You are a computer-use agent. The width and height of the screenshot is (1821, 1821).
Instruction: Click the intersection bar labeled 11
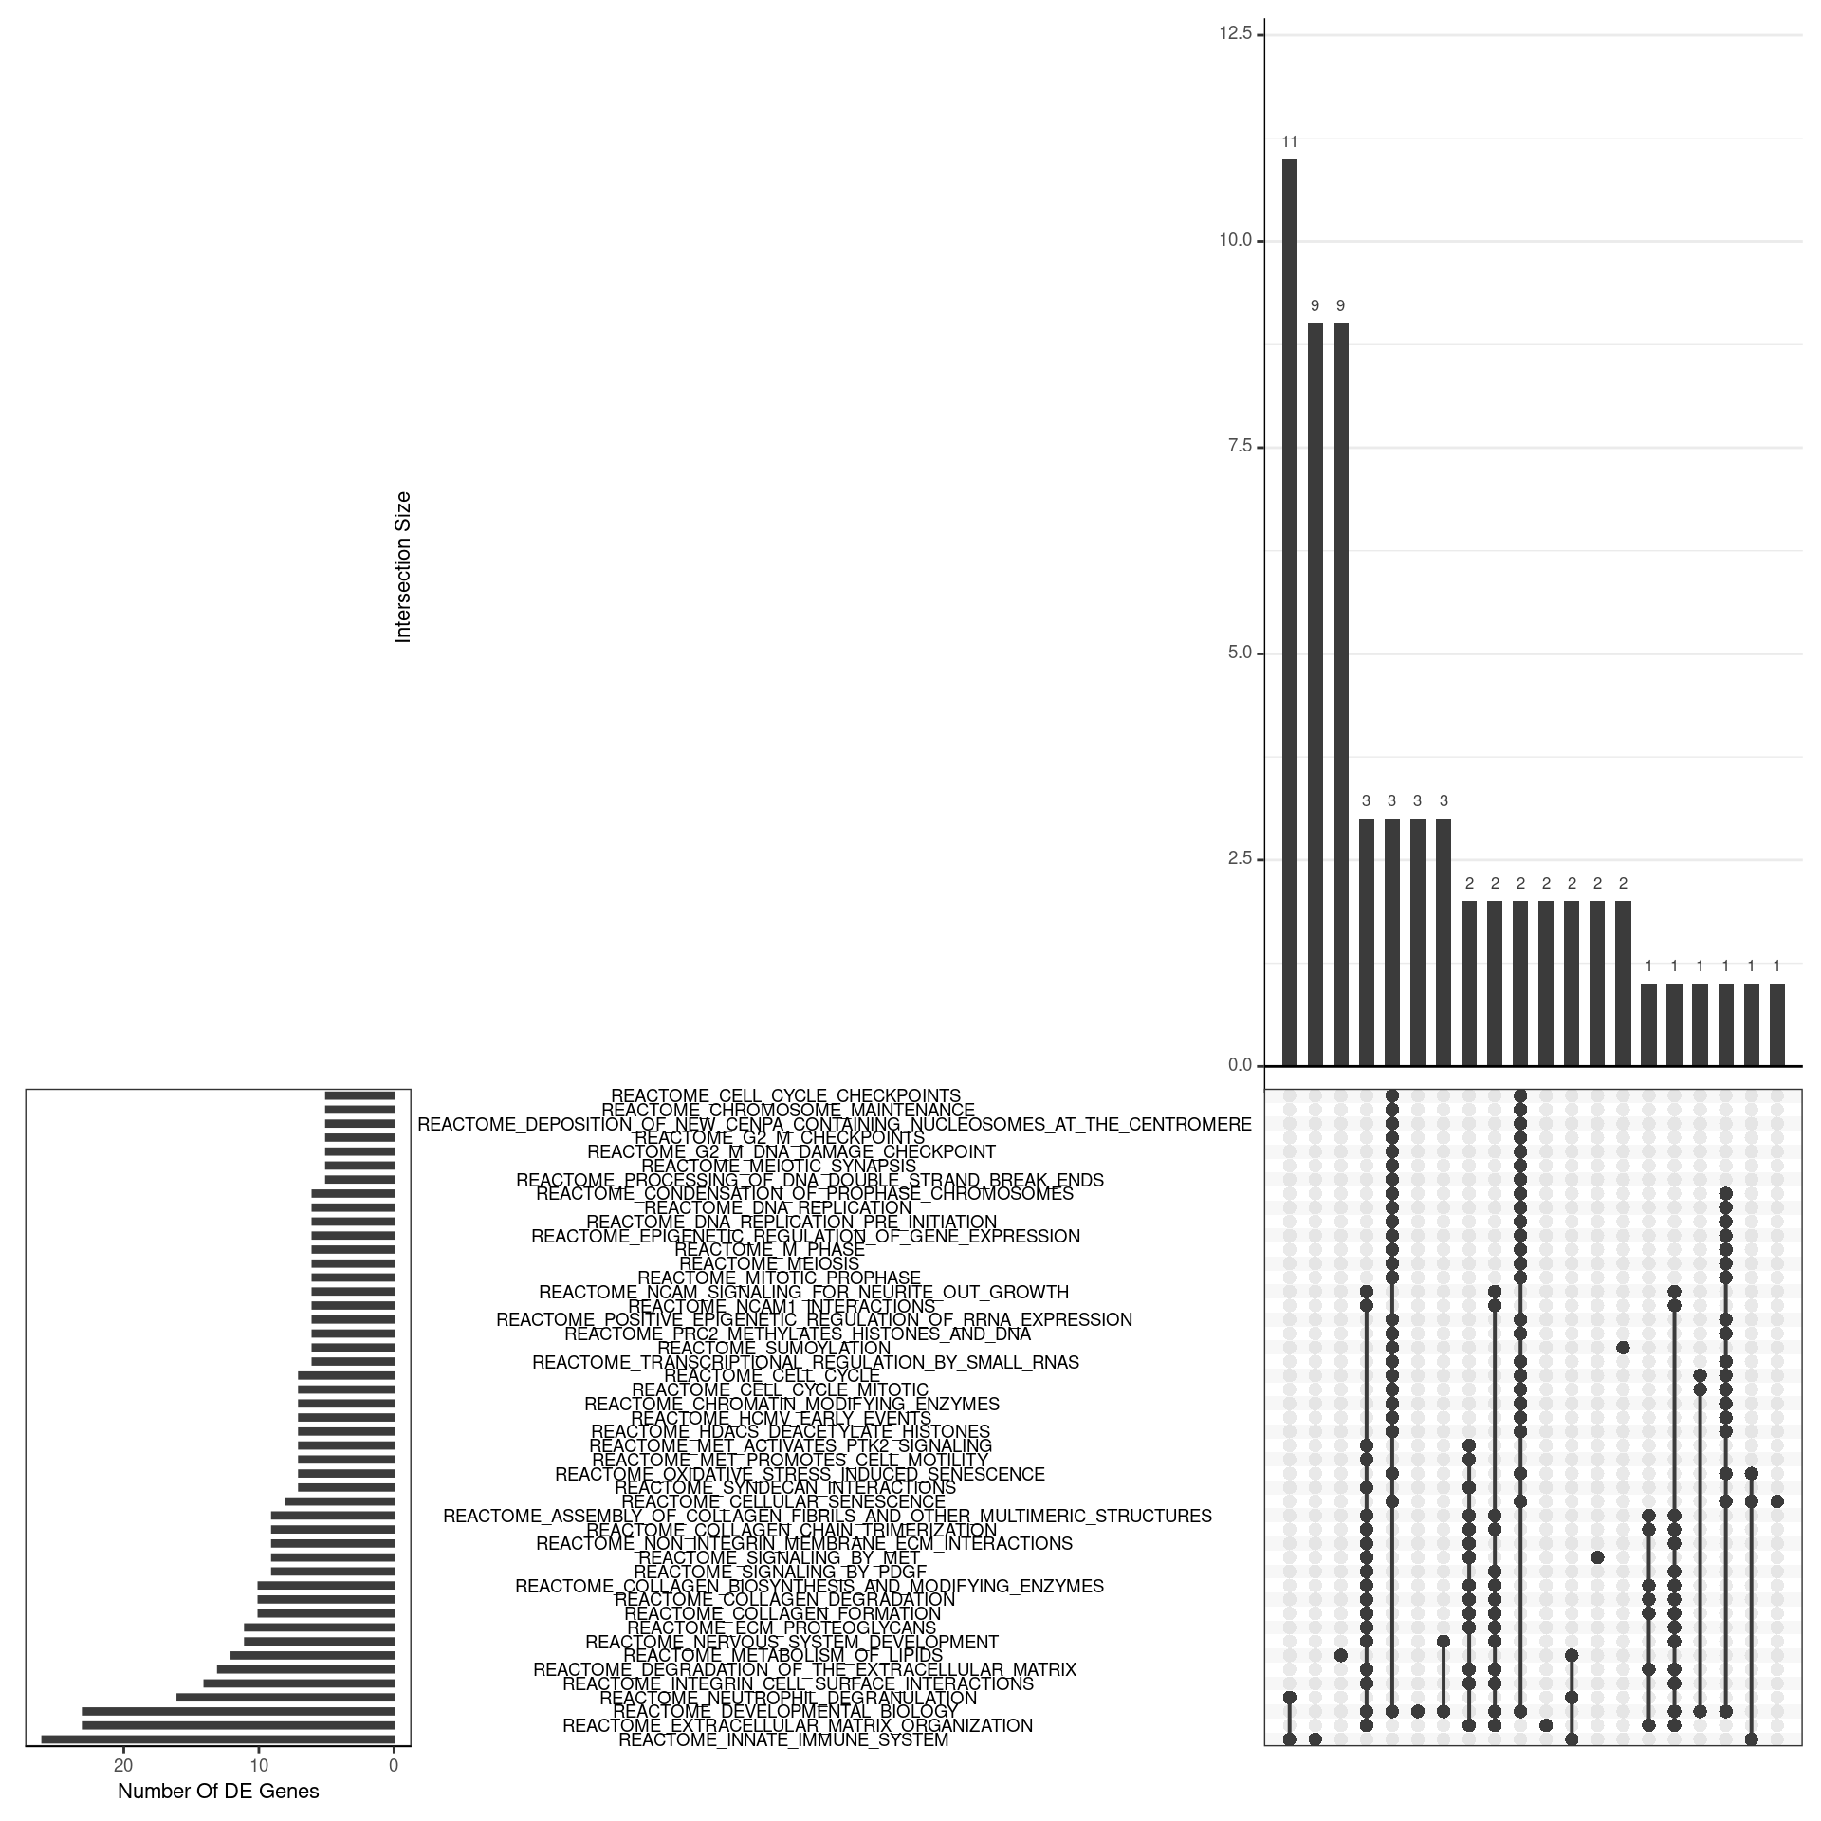click(x=1290, y=612)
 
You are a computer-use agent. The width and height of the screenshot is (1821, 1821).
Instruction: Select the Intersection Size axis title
click(x=403, y=567)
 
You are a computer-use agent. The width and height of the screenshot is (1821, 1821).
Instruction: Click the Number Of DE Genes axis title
click(x=218, y=1791)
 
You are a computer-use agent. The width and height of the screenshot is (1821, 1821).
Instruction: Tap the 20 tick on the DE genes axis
click(x=122, y=1765)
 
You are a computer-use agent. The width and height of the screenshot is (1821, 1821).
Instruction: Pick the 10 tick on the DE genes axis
click(x=259, y=1765)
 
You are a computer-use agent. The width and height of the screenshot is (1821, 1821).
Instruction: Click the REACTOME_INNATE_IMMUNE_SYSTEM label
click(x=783, y=1739)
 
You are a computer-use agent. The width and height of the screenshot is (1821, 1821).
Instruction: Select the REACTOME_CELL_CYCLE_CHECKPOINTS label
click(x=785, y=1095)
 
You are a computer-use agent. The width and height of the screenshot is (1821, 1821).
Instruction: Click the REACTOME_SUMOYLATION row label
click(x=774, y=1348)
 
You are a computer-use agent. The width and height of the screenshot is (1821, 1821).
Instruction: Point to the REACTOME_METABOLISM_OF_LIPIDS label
click(x=783, y=1655)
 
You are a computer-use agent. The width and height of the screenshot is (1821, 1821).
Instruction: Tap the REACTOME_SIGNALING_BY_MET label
click(x=779, y=1557)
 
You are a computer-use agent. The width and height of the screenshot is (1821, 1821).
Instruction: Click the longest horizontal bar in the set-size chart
click(x=218, y=1738)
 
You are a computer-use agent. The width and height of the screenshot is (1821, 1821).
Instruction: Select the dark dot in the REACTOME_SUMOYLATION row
click(x=1623, y=1348)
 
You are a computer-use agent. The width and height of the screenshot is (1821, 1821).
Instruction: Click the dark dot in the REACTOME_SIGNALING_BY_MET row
click(x=1597, y=1557)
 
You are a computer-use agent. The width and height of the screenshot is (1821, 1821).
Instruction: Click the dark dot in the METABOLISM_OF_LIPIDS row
click(x=1341, y=1655)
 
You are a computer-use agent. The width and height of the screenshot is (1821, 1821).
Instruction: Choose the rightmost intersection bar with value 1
click(x=1776, y=1024)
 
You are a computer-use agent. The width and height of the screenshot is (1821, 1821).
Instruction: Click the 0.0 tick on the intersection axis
click(x=1240, y=1065)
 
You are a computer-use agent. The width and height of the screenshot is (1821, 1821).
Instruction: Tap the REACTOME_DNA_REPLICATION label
click(x=778, y=1207)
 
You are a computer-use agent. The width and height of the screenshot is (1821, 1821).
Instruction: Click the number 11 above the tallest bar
click(x=1290, y=142)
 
